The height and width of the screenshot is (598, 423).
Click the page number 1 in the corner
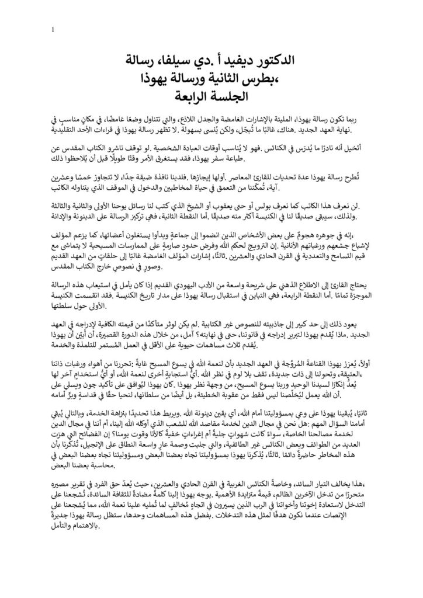(54, 30)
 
